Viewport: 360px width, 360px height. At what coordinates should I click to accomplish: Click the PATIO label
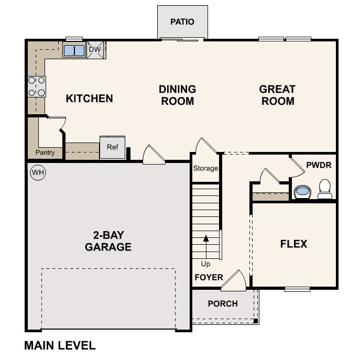pyautogui.click(x=182, y=22)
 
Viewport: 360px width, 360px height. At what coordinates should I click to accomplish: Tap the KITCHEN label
pyautogui.click(x=89, y=99)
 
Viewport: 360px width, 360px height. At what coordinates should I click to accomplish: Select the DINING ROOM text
pyautogui.click(x=177, y=95)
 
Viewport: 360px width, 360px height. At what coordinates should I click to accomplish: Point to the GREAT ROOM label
pyautogui.click(x=277, y=95)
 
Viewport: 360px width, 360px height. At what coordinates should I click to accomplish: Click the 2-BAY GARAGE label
pyautogui.click(x=108, y=241)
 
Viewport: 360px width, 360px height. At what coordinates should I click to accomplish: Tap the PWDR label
pyautogui.click(x=319, y=165)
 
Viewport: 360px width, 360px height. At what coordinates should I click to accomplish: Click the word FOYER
pyautogui.click(x=209, y=277)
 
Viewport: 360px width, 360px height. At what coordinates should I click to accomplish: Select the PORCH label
pyautogui.click(x=223, y=304)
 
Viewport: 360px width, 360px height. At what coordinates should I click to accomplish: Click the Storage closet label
pyautogui.click(x=205, y=169)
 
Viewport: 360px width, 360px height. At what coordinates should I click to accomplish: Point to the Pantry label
pyautogui.click(x=45, y=153)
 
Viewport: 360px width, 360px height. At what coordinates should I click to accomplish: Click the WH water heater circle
pyautogui.click(x=38, y=172)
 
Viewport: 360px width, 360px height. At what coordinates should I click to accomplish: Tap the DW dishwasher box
pyautogui.click(x=95, y=50)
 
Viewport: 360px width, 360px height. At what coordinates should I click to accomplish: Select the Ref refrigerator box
pyautogui.click(x=113, y=147)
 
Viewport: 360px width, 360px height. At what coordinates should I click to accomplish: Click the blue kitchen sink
pyautogui.click(x=74, y=50)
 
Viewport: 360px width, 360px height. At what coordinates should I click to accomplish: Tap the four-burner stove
pyautogui.click(x=36, y=86)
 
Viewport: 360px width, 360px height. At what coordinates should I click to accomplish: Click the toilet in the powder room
pyautogui.click(x=325, y=189)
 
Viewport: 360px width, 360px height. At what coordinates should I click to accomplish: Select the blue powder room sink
pyautogui.click(x=302, y=192)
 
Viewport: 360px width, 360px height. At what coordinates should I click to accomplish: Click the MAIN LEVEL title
pyautogui.click(x=60, y=346)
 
